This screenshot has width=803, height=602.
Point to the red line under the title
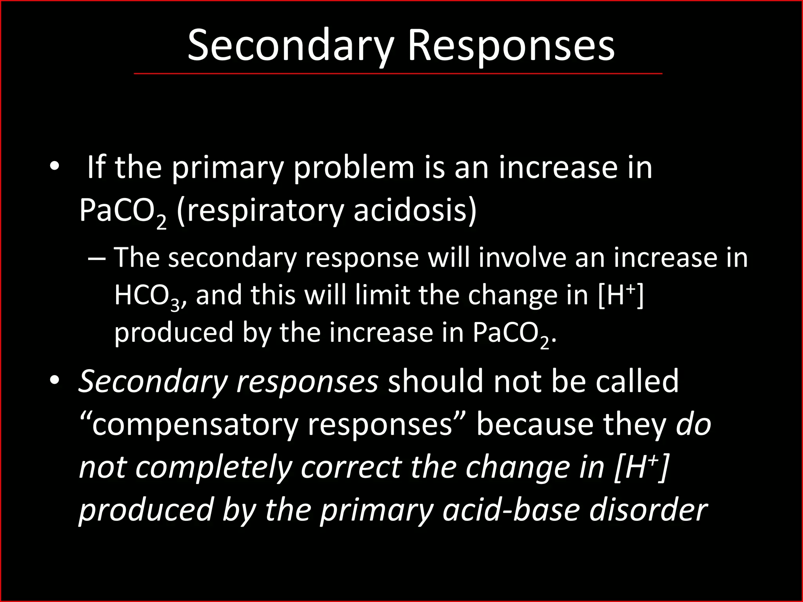click(x=398, y=73)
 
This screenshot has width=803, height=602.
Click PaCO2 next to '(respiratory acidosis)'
click(x=122, y=212)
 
